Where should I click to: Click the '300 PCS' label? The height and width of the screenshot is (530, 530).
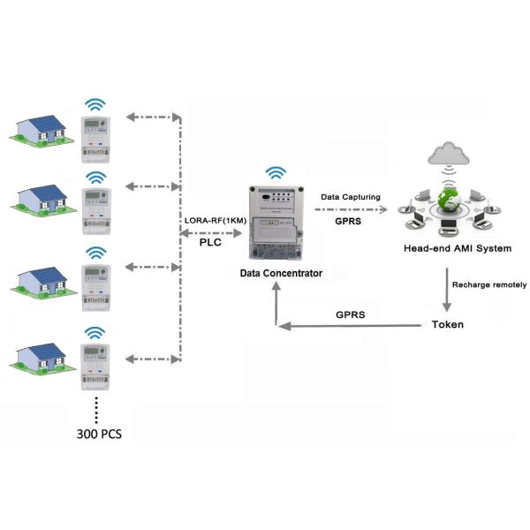click(x=100, y=434)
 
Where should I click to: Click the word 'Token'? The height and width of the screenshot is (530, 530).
click(x=447, y=324)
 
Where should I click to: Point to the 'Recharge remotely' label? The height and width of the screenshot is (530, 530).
click(x=489, y=284)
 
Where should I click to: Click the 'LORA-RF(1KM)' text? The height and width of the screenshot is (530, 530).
click(x=210, y=220)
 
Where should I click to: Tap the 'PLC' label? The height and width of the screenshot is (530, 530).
click(x=210, y=241)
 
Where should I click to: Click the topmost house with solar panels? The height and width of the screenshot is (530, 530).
click(x=43, y=129)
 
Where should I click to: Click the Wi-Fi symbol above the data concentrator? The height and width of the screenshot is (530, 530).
click(x=277, y=172)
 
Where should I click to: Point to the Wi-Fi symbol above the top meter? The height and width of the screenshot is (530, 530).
click(x=95, y=104)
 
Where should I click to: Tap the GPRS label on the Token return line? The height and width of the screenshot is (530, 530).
click(x=350, y=314)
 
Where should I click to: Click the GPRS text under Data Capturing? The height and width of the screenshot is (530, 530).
click(x=347, y=223)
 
